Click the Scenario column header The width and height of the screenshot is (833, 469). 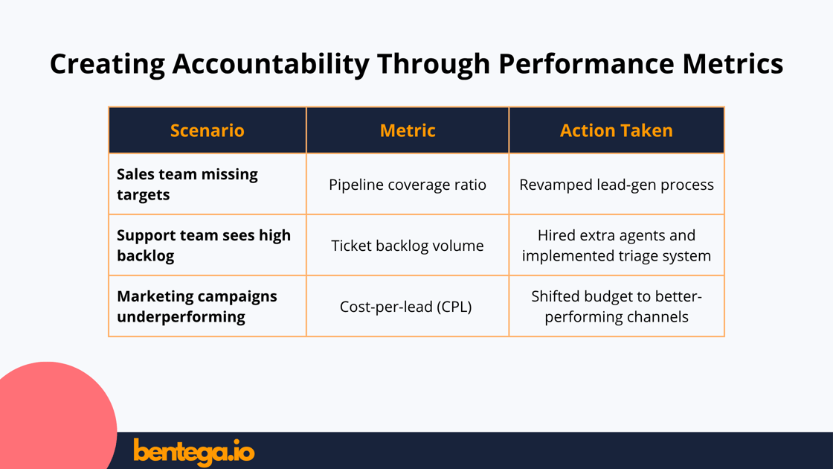click(x=207, y=130)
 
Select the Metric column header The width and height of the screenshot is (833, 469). click(x=408, y=130)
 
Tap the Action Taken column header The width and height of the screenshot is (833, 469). click(x=616, y=130)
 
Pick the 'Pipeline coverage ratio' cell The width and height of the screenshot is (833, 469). click(x=408, y=185)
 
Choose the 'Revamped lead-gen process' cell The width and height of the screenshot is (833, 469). click(x=616, y=185)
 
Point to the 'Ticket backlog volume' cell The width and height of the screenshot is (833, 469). click(x=408, y=246)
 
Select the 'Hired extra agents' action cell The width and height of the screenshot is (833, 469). click(x=616, y=245)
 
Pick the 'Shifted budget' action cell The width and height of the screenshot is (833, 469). click(x=616, y=306)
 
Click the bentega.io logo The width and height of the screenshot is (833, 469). click(x=193, y=451)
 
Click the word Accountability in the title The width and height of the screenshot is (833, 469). click(x=271, y=64)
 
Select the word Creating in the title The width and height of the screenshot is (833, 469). click(x=107, y=64)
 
